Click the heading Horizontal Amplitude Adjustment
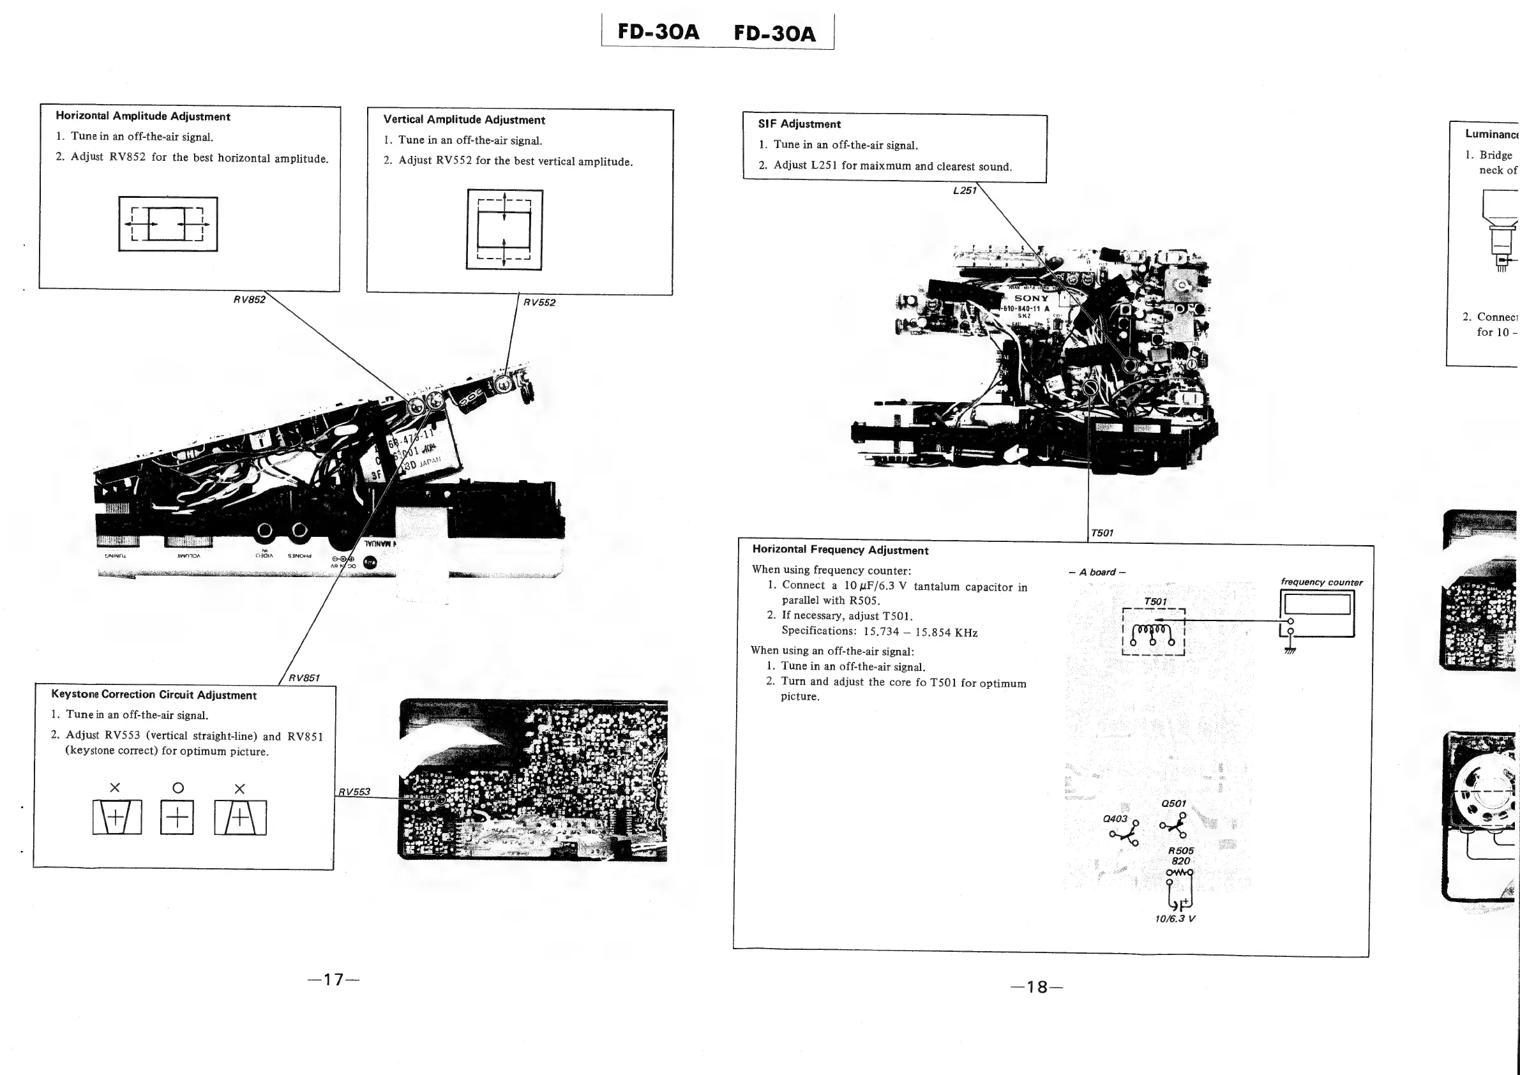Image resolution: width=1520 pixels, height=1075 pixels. tap(142, 116)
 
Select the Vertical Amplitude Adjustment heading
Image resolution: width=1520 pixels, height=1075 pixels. tap(464, 120)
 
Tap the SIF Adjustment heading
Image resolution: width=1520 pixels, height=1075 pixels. tap(799, 124)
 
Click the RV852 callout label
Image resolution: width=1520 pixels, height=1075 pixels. tap(250, 299)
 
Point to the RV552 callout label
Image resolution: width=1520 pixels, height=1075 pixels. tap(539, 303)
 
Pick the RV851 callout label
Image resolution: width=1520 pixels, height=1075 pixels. tap(304, 678)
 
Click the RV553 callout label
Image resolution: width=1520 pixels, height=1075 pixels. tap(354, 792)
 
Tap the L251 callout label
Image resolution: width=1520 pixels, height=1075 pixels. tap(965, 191)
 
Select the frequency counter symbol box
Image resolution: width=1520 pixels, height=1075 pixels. tap(1317, 612)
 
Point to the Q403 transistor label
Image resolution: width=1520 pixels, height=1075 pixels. tap(1115, 819)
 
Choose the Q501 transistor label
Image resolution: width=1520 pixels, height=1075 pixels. tap(1173, 804)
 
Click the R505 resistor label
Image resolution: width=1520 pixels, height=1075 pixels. tap(1180, 850)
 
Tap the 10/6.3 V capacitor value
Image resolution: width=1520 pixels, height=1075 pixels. tap(1175, 919)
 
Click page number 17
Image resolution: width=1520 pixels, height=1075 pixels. tap(334, 980)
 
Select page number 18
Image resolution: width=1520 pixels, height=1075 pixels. tap(1037, 988)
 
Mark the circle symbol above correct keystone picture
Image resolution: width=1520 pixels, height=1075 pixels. tap(177, 788)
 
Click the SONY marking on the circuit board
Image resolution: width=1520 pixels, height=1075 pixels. tap(1031, 299)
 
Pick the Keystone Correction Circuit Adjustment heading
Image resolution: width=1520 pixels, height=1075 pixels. tap(154, 695)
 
